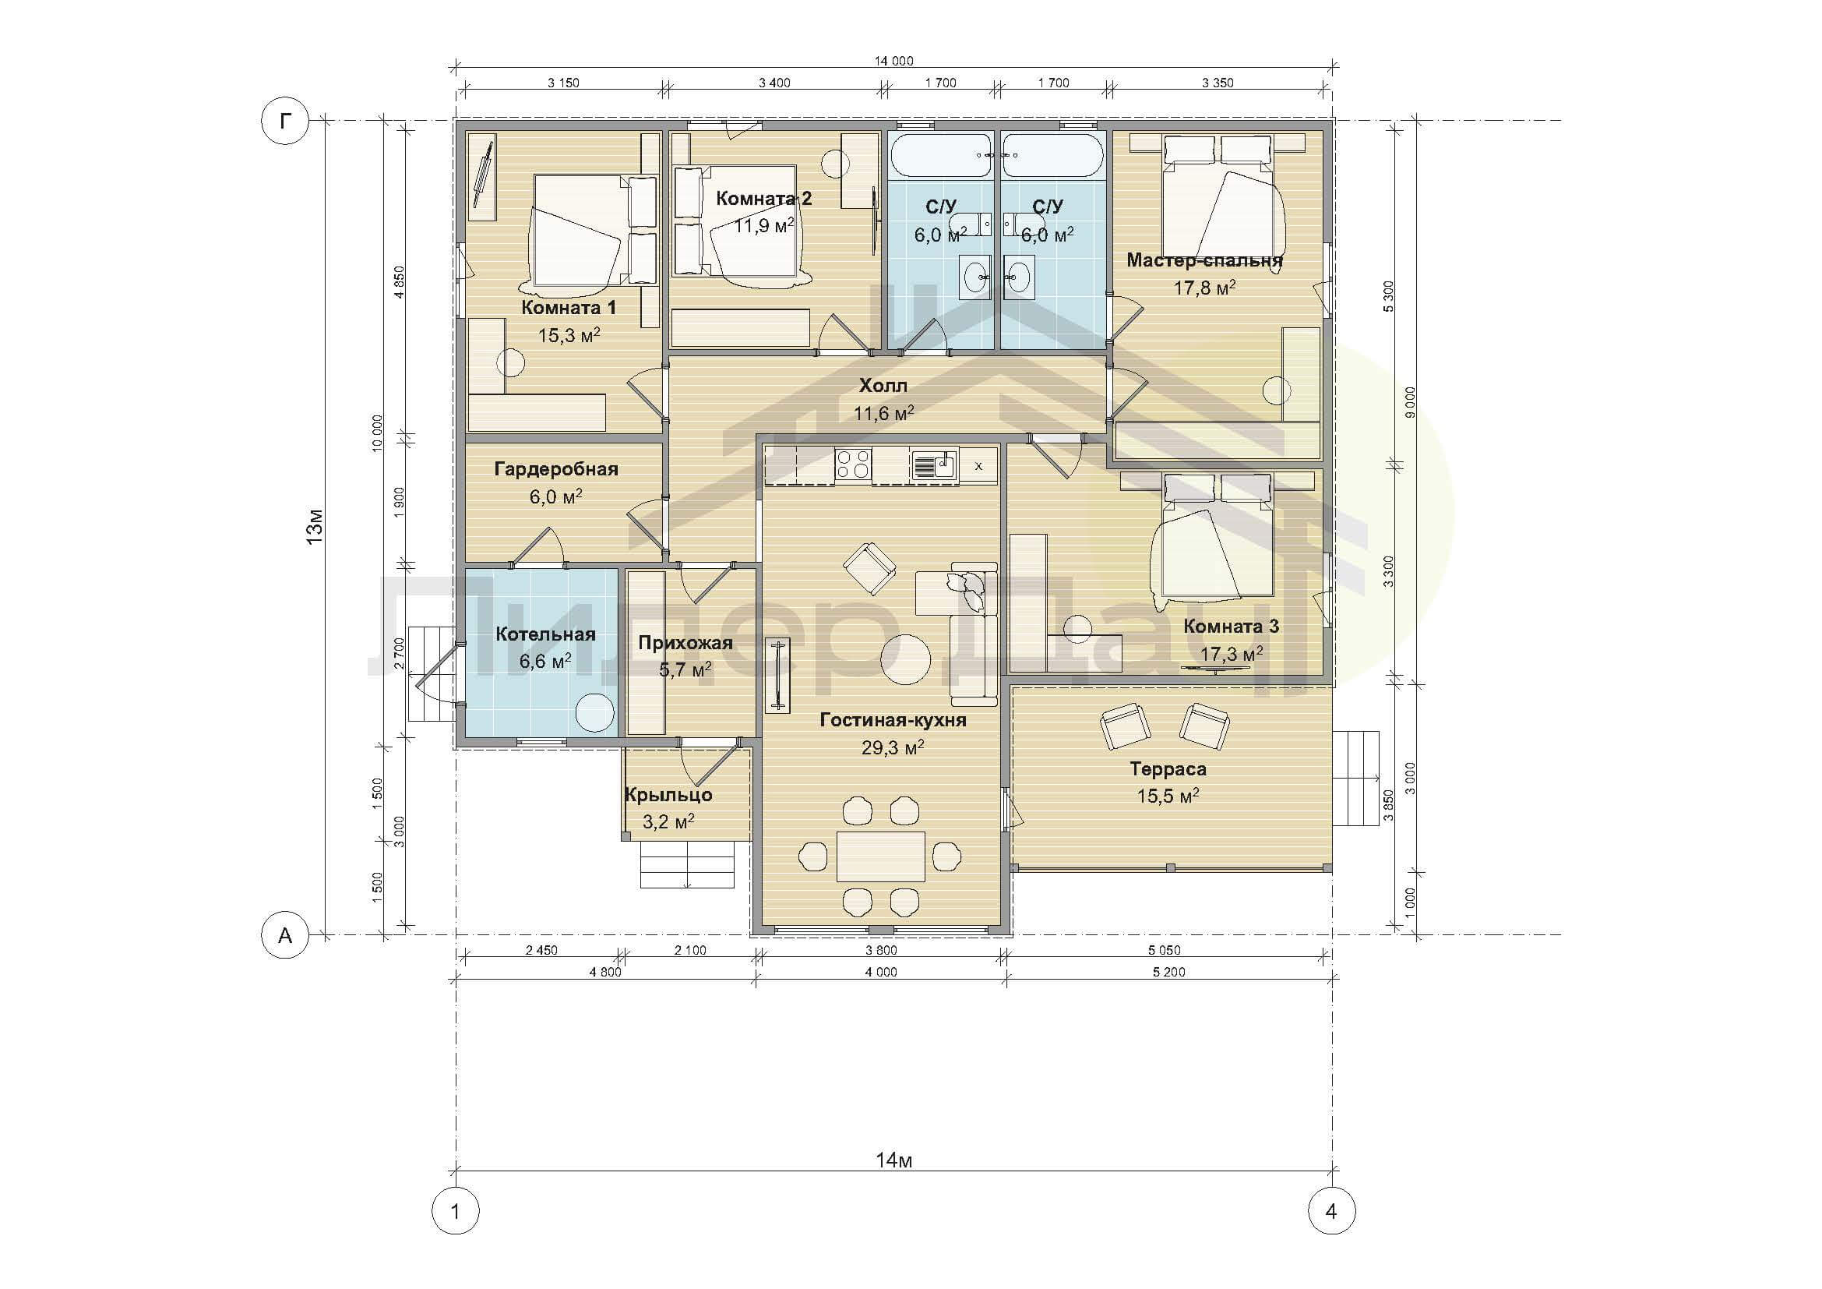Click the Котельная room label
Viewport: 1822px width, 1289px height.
[x=545, y=634]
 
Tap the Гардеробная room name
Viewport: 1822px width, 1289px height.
[x=556, y=469]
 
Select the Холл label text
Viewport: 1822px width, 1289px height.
[x=883, y=386]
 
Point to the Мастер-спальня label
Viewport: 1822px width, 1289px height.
[x=1204, y=260]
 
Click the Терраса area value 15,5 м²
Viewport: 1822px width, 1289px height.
[x=1168, y=796]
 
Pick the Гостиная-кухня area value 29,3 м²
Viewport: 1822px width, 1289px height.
[x=893, y=747]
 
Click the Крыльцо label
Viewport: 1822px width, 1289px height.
[x=668, y=794]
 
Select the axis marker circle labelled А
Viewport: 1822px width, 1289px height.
[x=285, y=935]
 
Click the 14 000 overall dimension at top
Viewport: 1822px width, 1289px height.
[x=894, y=61]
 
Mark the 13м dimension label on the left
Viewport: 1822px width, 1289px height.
[x=315, y=527]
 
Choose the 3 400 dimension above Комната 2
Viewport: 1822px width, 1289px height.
[x=774, y=83]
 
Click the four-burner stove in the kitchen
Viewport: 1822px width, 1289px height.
[x=853, y=464]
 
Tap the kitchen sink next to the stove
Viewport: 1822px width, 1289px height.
[x=935, y=464]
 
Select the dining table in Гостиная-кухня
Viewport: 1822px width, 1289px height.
[x=881, y=856]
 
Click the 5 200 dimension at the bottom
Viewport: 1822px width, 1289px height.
[x=1169, y=972]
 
